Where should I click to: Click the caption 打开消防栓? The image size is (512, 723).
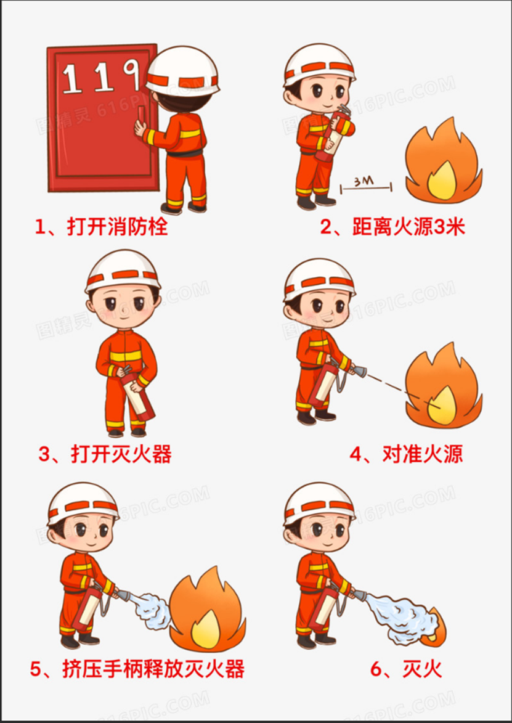point(102,227)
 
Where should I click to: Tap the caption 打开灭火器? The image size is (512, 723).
point(105,454)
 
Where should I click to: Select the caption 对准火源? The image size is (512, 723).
point(406,454)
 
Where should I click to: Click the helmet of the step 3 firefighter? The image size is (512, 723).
point(122,271)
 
